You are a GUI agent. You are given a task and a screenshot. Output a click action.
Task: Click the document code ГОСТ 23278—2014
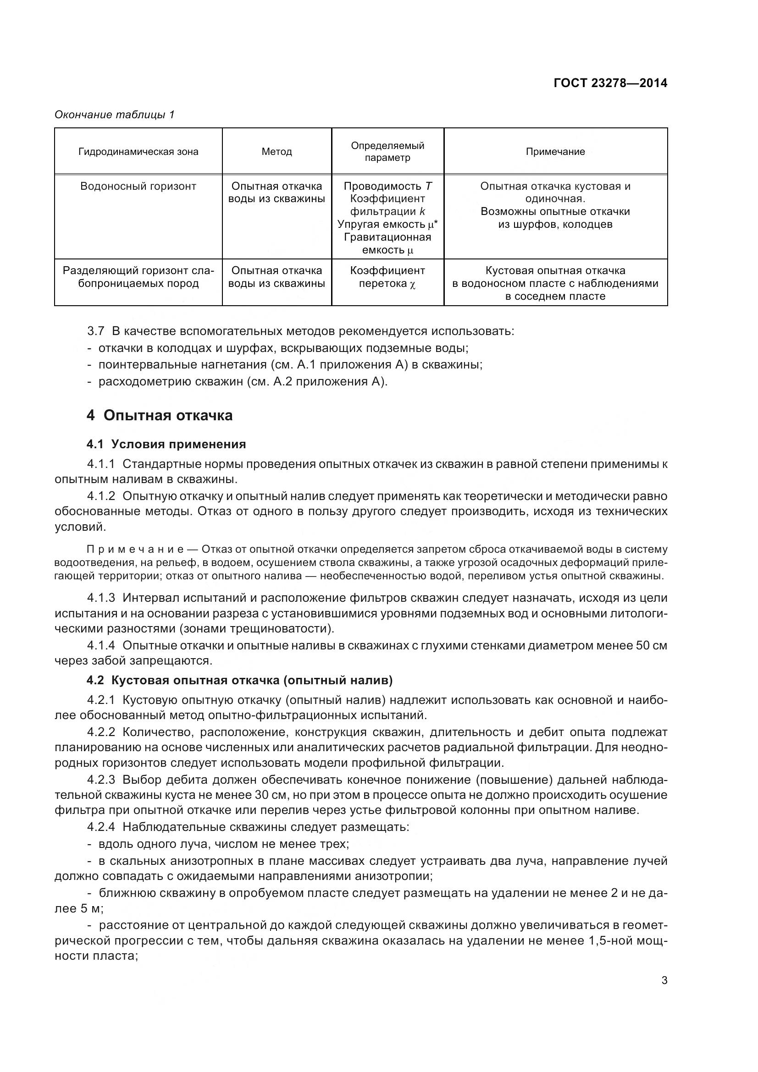tap(610, 83)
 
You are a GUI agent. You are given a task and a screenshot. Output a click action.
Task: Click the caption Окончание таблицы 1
tap(115, 115)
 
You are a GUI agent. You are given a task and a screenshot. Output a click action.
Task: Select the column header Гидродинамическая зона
tap(138, 152)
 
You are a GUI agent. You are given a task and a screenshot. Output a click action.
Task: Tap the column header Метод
tap(277, 152)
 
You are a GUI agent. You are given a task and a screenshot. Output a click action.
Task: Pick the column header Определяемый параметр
tap(387, 151)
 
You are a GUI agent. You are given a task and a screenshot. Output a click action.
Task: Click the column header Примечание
tap(555, 152)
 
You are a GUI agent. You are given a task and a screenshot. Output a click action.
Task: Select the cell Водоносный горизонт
tap(138, 186)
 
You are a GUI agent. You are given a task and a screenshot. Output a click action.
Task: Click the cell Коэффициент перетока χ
tap(387, 277)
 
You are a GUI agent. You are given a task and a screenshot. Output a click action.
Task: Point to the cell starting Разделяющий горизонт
tap(138, 277)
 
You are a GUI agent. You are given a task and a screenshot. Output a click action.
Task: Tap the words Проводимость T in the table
tap(387, 186)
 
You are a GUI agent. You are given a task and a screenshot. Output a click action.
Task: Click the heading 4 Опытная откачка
tap(159, 415)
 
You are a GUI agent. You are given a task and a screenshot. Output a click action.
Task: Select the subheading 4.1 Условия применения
tap(166, 444)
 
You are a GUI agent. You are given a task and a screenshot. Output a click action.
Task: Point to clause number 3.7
tap(95, 331)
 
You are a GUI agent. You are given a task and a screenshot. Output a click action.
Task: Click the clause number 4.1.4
tap(101, 646)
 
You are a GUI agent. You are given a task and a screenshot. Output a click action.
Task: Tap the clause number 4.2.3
tap(101, 780)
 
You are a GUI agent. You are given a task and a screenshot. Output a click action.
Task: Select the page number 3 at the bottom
tap(664, 980)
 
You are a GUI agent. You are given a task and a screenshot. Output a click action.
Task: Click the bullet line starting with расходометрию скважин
tap(243, 382)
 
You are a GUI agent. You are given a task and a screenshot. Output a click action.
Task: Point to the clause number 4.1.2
tap(101, 496)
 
